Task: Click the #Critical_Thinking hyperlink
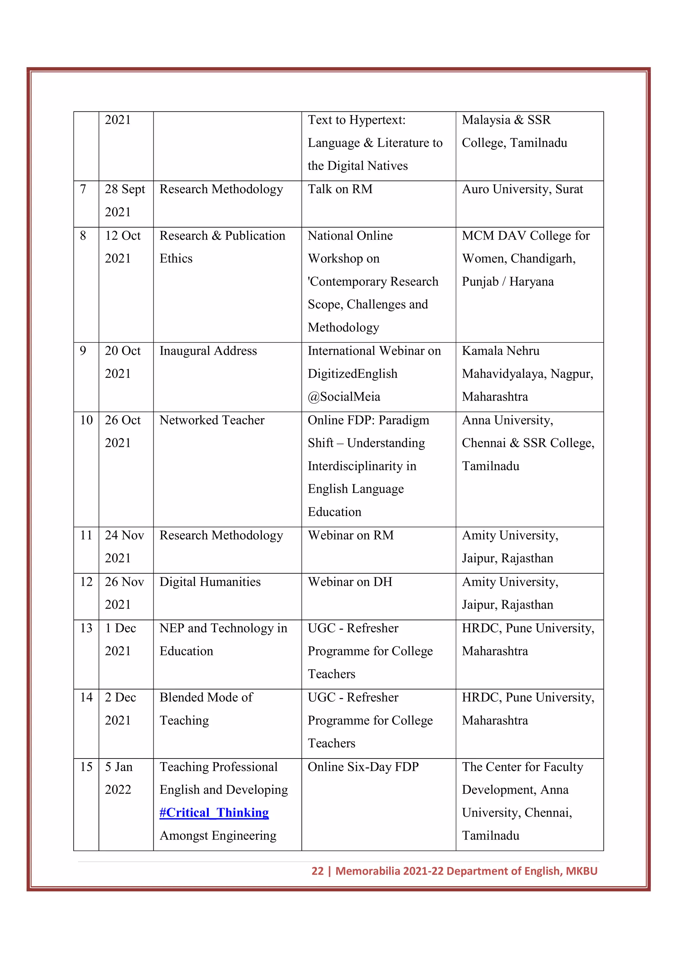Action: point(214,812)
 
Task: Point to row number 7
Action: point(83,189)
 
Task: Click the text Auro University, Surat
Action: point(522,189)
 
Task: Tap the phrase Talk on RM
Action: point(340,189)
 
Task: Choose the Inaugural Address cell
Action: point(208,351)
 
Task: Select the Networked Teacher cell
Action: point(212,420)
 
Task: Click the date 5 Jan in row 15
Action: point(118,766)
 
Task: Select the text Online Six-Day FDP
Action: point(363,766)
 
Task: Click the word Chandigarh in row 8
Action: point(543,259)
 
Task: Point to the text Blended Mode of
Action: point(206,697)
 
